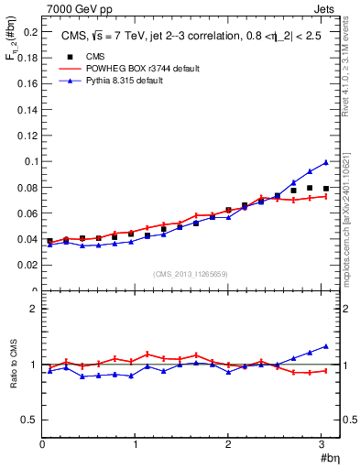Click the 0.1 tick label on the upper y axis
tap(29, 161)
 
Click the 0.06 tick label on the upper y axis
tap(27, 213)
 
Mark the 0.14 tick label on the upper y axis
tap(27, 109)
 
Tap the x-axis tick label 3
tap(322, 444)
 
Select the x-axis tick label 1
tap(135, 444)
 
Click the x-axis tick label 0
tap(42, 444)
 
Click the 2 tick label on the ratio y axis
tap(34, 309)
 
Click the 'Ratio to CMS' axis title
tap(12, 364)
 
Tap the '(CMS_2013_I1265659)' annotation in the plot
tap(190, 274)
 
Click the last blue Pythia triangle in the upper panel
tap(325, 162)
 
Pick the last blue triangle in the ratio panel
tap(325, 346)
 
